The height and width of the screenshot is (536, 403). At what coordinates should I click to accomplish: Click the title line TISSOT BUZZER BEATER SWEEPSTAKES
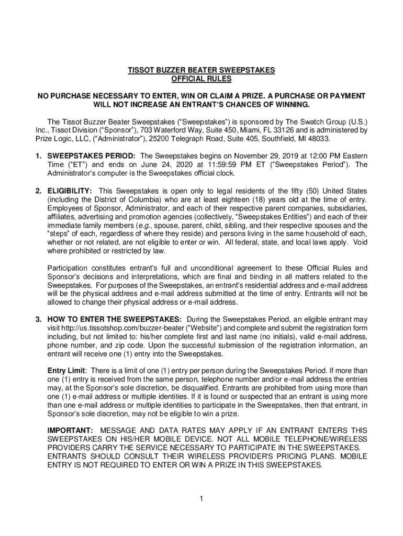(x=201, y=70)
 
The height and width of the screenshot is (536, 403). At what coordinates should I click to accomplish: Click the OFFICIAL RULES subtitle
(x=201, y=79)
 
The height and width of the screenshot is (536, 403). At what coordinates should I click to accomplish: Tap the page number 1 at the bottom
(x=201, y=498)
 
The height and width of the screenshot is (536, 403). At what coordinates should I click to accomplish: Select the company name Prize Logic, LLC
(x=61, y=139)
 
